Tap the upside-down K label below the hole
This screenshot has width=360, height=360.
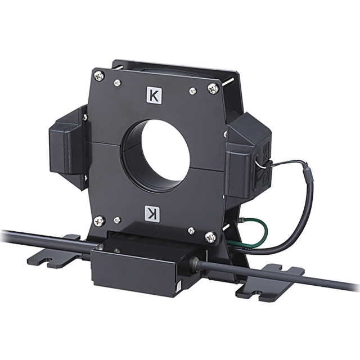pyautogui.click(x=153, y=213)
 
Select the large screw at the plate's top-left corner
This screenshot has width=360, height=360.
pyautogui.click(x=98, y=74)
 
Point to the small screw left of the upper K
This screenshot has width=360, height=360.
pyautogui.click(x=118, y=83)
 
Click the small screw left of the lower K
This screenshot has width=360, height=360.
pyautogui.click(x=117, y=219)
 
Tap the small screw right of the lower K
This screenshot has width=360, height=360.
pyautogui.click(x=191, y=229)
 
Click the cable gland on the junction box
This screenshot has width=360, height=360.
pyautogui.click(x=195, y=263)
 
